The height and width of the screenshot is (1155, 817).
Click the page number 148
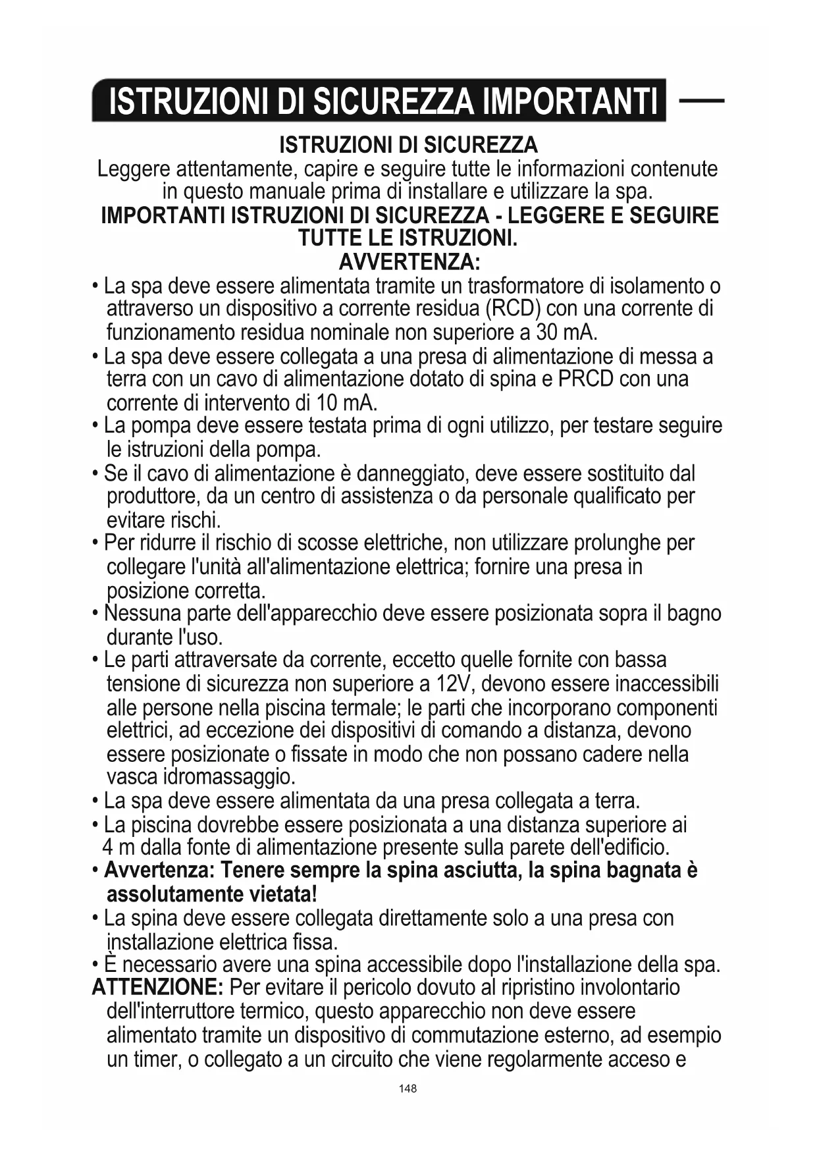(408, 1088)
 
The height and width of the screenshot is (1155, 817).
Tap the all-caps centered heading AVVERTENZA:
(409, 262)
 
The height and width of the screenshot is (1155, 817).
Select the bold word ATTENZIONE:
(158, 988)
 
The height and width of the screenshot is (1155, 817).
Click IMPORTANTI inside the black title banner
(569, 101)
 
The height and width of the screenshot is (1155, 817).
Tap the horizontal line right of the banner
(701, 101)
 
